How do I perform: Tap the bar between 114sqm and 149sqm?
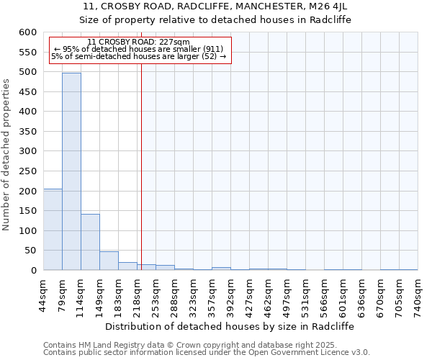click(90, 242)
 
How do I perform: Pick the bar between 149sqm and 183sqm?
click(109, 261)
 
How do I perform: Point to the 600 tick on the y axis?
click(26, 32)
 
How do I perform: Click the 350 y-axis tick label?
click(26, 132)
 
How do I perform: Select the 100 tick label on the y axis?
click(26, 231)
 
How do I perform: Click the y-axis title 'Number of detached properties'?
click(6, 155)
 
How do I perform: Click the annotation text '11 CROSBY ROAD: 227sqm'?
click(138, 42)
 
